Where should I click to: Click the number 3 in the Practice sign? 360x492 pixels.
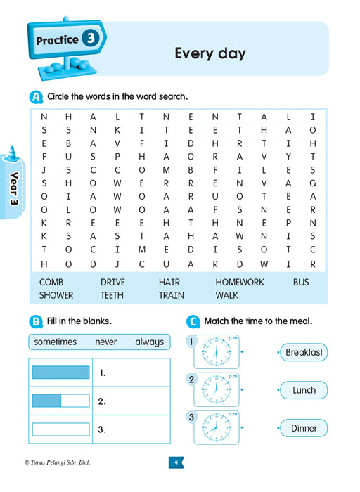[90, 39]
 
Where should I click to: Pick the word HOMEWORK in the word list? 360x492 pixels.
[240, 282]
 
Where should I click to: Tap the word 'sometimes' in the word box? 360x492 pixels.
[57, 342]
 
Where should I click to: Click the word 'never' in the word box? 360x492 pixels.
[106, 342]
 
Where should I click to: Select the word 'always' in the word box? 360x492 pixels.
[149, 342]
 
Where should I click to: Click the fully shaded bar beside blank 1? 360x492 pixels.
[61, 373]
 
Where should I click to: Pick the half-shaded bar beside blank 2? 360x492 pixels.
[61, 401]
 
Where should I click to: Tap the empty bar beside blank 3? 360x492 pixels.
[61, 429]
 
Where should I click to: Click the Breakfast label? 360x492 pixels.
[304, 353]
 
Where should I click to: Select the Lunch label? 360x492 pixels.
[304, 390]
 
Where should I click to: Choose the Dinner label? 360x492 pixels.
[304, 428]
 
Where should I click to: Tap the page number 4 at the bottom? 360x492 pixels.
[176, 462]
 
